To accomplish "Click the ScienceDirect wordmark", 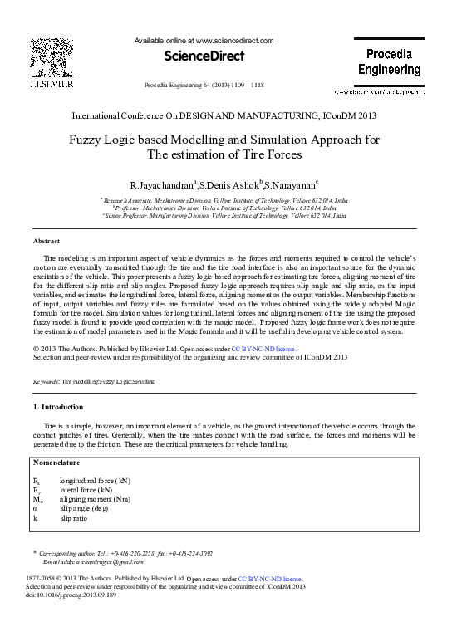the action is [204, 56].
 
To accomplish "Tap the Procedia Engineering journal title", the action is [389, 62].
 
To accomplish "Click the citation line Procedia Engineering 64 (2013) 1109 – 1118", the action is [204, 86].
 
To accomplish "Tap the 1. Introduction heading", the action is [57, 407].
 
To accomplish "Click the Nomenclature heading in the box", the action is [57, 462].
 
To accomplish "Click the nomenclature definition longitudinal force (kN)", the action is [95, 480].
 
